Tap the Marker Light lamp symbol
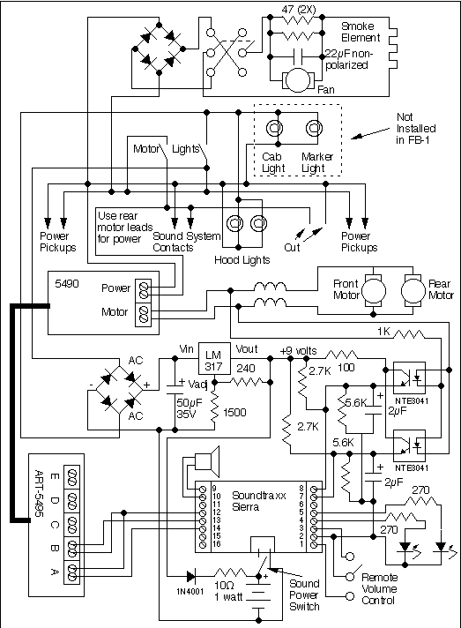(312, 130)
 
